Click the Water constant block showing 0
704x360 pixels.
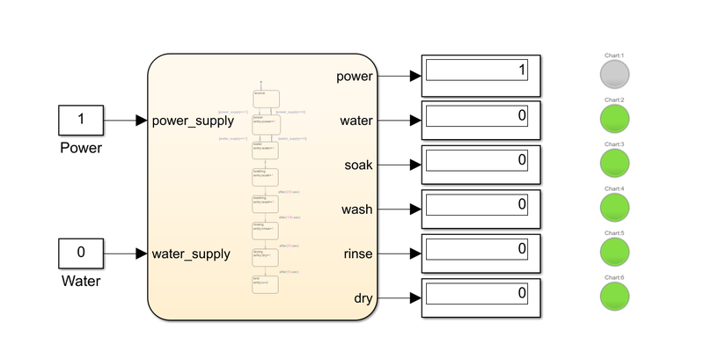81,253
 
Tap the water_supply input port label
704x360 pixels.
191,253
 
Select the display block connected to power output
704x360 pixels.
480,76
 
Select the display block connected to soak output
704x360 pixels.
480,165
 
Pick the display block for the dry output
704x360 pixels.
480,298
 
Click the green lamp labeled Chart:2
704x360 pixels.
614,121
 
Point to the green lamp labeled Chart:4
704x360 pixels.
614,209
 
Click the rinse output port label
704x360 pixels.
356,253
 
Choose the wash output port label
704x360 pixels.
356,209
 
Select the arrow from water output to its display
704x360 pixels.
400,121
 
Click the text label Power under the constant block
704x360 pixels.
81,148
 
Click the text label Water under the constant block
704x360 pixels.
81,282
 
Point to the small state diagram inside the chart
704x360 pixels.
266,189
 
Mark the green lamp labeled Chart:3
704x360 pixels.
614,165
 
